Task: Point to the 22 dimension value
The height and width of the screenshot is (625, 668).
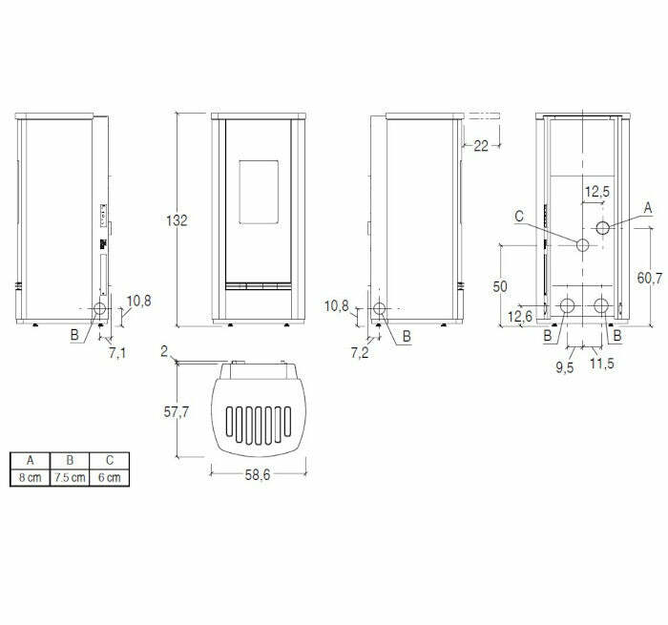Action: coord(480,146)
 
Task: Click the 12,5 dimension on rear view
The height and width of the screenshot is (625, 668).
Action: coord(597,192)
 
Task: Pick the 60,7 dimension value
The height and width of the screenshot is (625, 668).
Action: coord(649,278)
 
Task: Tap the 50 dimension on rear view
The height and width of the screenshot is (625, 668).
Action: coord(499,286)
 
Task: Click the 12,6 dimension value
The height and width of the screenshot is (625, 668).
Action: coord(520,316)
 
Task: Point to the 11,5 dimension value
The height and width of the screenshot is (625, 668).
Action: coord(601,364)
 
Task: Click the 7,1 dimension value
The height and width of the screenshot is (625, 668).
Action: coord(117,353)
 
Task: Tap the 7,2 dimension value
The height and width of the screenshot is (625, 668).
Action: coord(360,353)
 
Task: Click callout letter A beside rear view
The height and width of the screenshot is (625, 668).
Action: coord(648,207)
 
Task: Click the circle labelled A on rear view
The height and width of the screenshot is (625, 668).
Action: coord(603,227)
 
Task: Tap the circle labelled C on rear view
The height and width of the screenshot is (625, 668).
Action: coord(581,244)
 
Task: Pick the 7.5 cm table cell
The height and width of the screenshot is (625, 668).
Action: coord(70,477)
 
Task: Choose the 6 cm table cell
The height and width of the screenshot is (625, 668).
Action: coord(109,477)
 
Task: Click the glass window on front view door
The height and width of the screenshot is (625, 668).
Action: coord(257,190)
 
